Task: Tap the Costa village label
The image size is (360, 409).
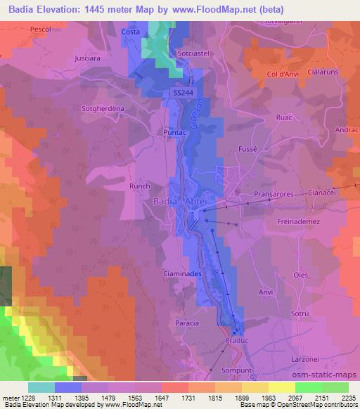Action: click(130, 32)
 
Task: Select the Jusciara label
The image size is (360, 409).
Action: click(89, 59)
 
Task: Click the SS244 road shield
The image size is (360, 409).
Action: click(182, 92)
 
